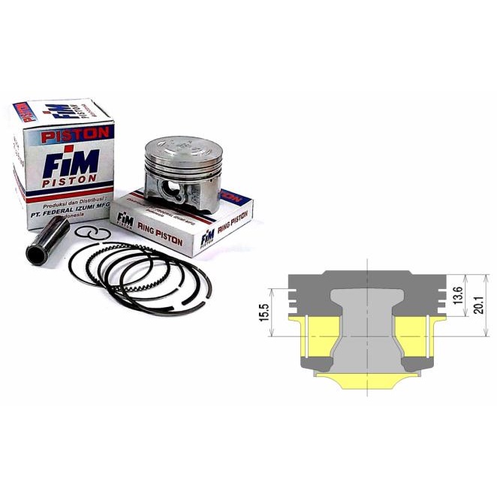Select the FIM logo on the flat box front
[124, 218]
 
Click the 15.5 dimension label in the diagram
[264, 312]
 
